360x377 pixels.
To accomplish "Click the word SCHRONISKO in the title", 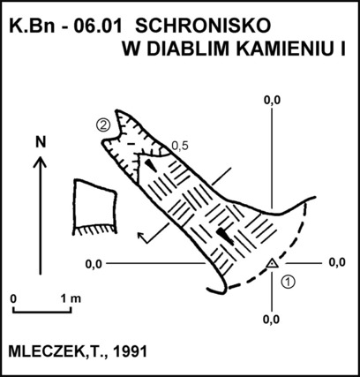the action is tap(203, 26).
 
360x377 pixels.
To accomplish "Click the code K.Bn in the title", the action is tap(33, 26).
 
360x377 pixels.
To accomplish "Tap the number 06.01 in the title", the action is tap(98, 26).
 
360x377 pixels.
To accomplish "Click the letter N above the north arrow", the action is tap(41, 142).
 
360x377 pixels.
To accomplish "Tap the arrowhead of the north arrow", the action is tap(40, 162).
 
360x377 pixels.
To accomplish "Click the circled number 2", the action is tap(103, 125).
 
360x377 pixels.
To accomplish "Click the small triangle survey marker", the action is tap(273, 264).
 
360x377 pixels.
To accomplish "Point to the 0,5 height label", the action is tap(180, 146).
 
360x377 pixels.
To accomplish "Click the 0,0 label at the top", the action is tap(272, 101).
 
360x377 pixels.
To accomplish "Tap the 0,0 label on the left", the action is tap(94, 264).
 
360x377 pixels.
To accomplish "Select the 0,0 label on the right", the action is tap(337, 262).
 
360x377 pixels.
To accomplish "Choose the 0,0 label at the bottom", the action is tap(271, 319).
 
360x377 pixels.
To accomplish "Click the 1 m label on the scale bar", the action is tap(71, 298).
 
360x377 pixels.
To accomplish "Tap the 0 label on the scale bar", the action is tap(13, 298).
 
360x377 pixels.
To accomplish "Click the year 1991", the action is tap(131, 351).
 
